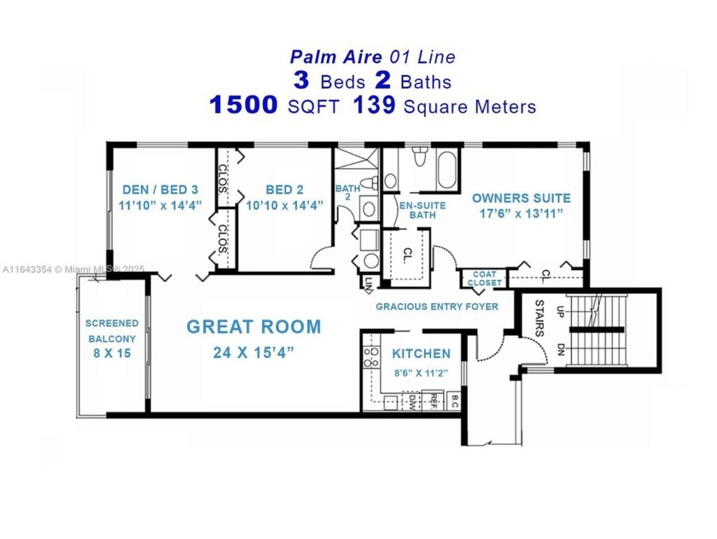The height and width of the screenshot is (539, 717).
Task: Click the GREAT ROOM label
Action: tap(254, 326)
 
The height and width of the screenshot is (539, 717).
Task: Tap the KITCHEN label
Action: tap(421, 354)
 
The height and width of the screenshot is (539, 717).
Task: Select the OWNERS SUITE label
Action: tap(521, 198)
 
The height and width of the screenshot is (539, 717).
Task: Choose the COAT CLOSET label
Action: tap(484, 278)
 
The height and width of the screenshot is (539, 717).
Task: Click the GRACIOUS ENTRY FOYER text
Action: tap(437, 306)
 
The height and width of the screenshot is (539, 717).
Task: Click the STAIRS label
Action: tap(539, 315)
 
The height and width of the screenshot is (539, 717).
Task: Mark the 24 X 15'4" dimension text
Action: tap(254, 352)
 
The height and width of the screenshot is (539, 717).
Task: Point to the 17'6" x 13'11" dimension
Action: tap(521, 214)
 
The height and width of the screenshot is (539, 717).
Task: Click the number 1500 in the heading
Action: tap(243, 106)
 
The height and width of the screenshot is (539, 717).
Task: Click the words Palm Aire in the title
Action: tap(327, 57)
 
